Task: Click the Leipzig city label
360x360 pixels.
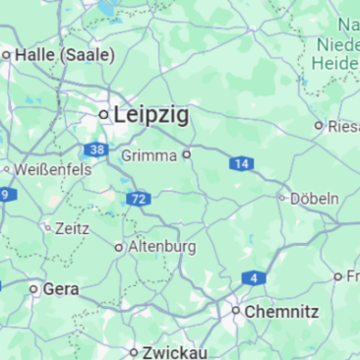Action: (x=151, y=114)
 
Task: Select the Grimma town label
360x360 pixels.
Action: (x=149, y=155)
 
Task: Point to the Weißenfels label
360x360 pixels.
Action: (x=53, y=169)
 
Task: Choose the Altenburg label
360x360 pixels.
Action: (x=162, y=246)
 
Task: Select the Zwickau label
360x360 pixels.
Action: (x=174, y=351)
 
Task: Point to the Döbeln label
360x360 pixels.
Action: (x=315, y=198)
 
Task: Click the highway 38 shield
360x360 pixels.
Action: (x=95, y=150)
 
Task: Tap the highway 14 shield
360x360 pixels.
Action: (x=241, y=163)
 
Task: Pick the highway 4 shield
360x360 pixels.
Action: (x=254, y=278)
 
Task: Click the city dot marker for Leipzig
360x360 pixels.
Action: (x=103, y=115)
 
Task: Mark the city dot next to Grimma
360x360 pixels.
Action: (x=186, y=154)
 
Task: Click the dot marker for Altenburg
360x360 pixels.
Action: (x=120, y=247)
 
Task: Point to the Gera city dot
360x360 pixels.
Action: (x=33, y=289)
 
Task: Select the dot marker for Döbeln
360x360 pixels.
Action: (x=282, y=198)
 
